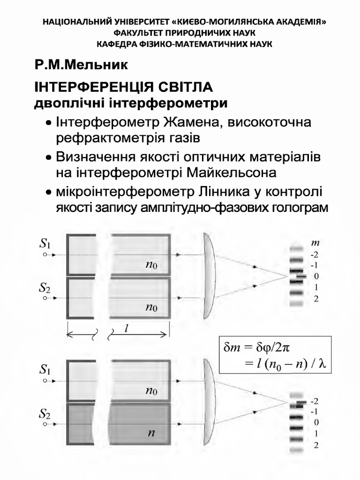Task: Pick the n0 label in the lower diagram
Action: coord(151,390)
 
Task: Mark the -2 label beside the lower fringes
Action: coord(315,402)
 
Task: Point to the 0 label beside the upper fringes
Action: coord(316,276)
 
